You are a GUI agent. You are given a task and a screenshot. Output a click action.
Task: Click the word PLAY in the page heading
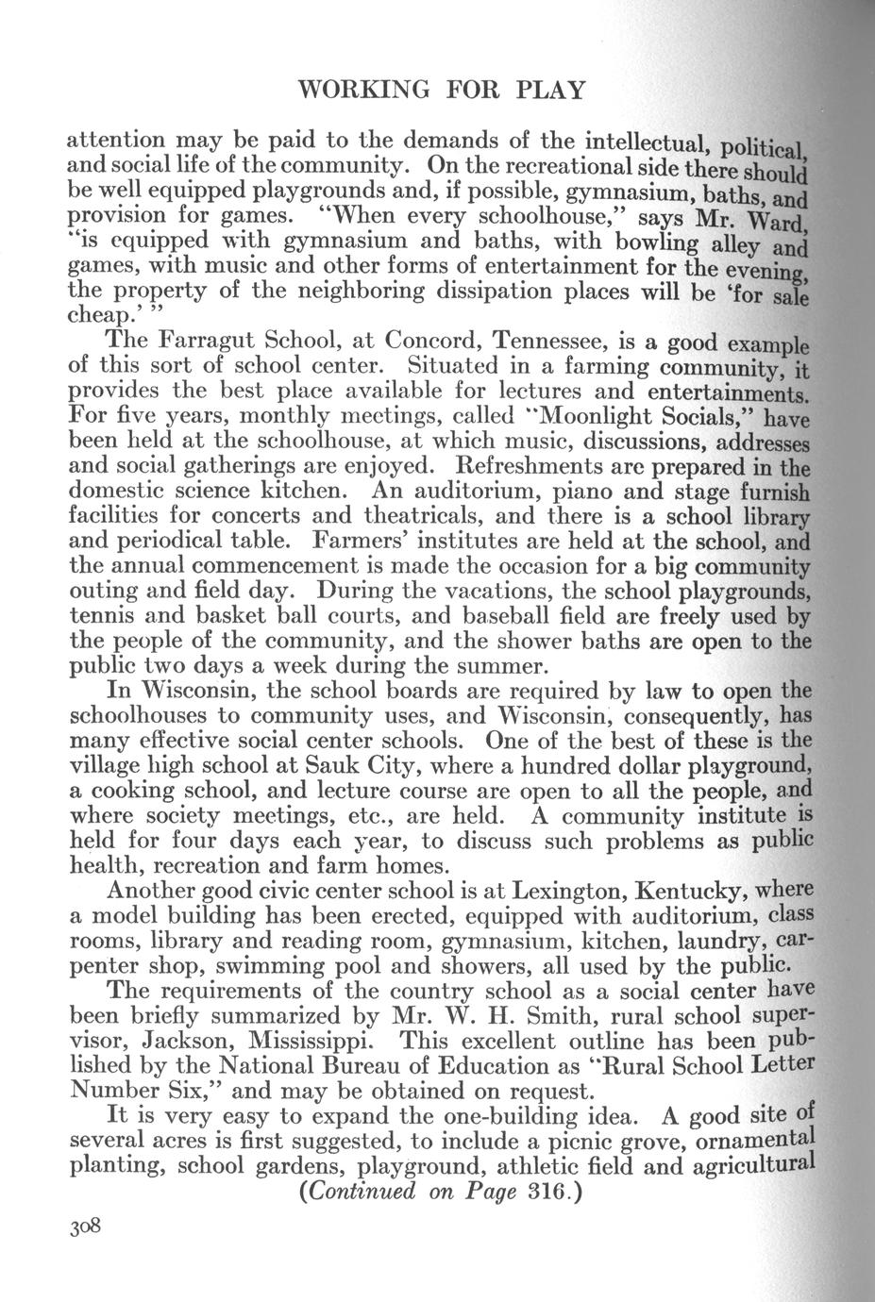(552, 90)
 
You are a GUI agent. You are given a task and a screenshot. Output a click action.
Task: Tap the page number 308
(84, 1227)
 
